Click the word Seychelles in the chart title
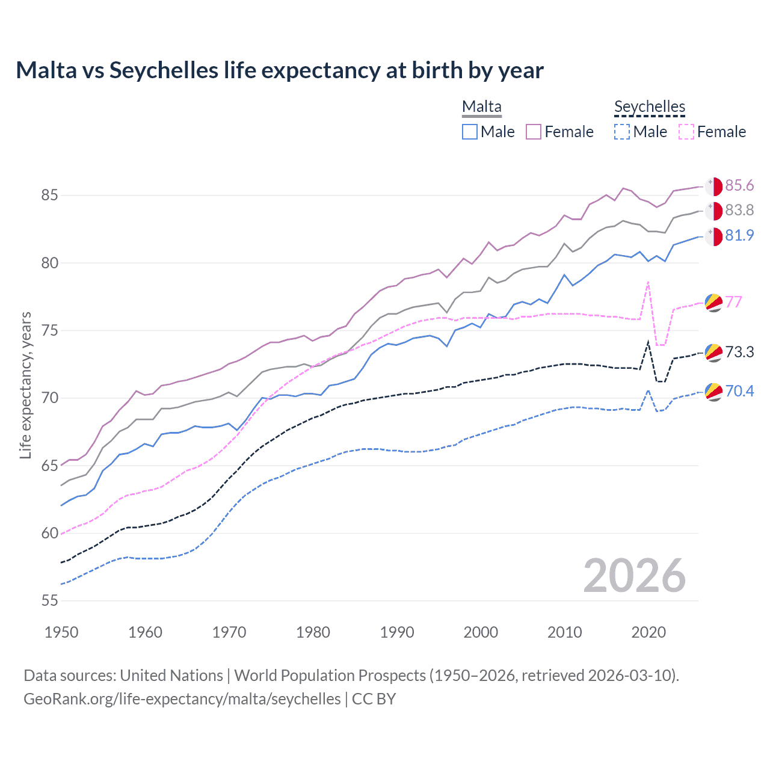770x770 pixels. (164, 70)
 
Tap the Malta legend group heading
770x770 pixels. (481, 107)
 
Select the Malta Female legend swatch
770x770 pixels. (534, 132)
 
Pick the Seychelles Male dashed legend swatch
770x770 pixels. (622, 132)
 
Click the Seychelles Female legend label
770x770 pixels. (721, 132)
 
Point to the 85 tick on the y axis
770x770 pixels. (49, 196)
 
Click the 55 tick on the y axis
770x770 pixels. (49, 600)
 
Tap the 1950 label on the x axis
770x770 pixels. (61, 632)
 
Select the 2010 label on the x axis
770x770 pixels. (564, 632)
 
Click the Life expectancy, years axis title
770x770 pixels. (25, 385)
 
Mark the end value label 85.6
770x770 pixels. (739, 185)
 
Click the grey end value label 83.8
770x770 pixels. (739, 210)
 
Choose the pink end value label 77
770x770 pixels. (734, 301)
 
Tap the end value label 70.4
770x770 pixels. (739, 391)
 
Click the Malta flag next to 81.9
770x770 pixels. (713, 236)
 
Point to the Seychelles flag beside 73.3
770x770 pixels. (713, 353)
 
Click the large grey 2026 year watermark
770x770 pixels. (635, 576)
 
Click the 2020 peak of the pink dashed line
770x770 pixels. (648, 281)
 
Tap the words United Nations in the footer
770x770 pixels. (171, 676)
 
